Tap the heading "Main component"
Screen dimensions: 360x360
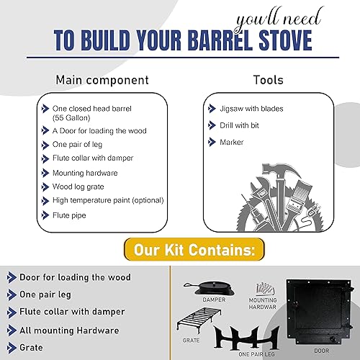point(104,80)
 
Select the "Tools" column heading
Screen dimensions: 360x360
point(269,80)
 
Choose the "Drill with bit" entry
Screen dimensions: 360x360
point(240,126)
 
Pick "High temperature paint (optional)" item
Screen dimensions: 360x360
point(108,200)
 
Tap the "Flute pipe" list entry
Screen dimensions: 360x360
point(70,215)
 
